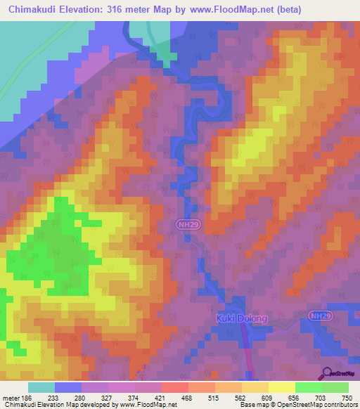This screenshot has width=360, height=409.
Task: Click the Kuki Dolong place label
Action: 241,318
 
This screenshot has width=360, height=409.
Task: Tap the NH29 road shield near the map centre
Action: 182,223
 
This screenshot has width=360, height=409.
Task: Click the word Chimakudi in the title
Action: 35,9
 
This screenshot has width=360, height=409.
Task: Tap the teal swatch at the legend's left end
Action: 41,387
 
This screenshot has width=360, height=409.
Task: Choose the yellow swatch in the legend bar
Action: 281,387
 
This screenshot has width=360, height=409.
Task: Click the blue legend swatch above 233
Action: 68,387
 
